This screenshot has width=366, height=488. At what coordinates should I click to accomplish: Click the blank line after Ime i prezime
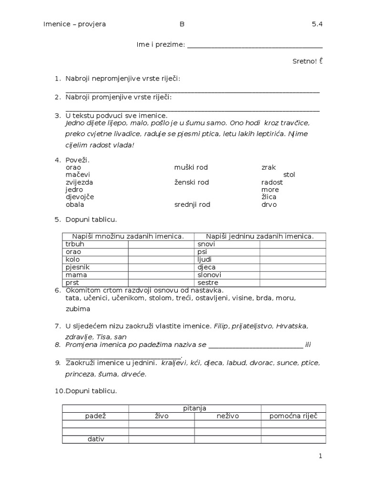coord(255,45)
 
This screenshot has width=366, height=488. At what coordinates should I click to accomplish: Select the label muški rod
coord(191,167)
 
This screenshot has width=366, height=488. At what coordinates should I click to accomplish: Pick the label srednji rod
coord(192,204)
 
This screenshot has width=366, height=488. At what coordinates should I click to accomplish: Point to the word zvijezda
coord(79,182)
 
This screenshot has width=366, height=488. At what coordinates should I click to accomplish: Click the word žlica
coord(269,197)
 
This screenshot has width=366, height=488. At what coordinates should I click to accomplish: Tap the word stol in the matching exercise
coord(289,175)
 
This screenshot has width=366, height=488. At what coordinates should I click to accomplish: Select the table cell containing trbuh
coord(95,244)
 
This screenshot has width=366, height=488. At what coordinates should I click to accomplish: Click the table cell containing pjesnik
coord(95,267)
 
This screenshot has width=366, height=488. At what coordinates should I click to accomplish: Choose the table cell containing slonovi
coord(227,275)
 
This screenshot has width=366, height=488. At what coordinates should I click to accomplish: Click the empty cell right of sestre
coord(293,283)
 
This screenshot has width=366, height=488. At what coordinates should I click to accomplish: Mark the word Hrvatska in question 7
coord(292,326)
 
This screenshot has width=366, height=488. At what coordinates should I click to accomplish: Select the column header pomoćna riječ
coord(293,416)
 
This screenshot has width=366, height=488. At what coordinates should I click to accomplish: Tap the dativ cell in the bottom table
coord(95,439)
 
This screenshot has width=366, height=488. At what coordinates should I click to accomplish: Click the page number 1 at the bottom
coord(321,456)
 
